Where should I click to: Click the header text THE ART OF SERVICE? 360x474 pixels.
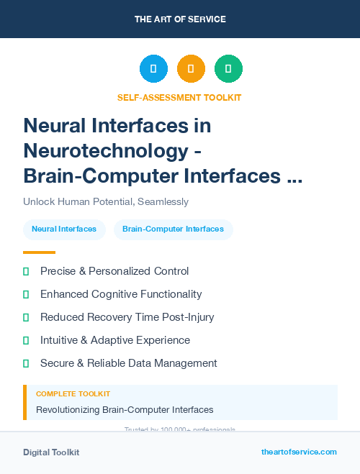(180, 19)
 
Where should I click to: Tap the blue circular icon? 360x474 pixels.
(153, 69)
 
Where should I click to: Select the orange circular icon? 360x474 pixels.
(191, 69)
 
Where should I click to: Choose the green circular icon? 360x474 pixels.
(228, 69)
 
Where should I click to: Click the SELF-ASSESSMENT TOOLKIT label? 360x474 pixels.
(179, 97)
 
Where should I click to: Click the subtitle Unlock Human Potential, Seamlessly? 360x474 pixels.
(106, 202)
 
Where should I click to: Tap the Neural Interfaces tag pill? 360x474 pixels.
(64, 229)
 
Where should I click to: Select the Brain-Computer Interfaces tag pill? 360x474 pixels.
(173, 229)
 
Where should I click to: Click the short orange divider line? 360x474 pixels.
(39, 252)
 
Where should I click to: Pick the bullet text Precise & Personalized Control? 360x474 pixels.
(114, 271)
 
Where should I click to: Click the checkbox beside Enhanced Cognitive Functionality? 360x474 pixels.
(26, 294)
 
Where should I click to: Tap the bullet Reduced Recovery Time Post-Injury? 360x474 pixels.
(127, 317)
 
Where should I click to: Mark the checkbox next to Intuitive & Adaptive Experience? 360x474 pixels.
(26, 340)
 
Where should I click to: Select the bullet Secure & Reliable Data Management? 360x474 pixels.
(128, 363)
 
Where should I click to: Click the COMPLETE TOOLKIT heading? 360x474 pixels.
(73, 394)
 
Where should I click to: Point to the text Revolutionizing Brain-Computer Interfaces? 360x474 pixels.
(125, 410)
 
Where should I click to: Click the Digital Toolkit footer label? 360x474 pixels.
(51, 452)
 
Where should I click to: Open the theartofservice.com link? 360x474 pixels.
(299, 452)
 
